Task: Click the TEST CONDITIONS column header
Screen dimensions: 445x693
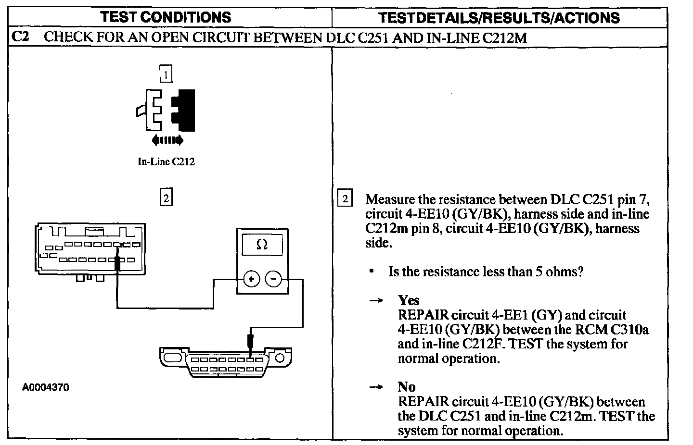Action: (166, 18)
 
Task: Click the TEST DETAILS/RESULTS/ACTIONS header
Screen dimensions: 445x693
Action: (499, 18)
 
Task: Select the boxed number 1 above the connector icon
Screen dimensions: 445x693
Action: (166, 74)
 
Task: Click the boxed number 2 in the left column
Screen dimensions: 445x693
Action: (166, 198)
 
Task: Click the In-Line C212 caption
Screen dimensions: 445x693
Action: (166, 162)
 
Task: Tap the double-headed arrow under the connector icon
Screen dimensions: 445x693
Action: (167, 140)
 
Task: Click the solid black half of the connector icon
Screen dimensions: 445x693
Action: (185, 110)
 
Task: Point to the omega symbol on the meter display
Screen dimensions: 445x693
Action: (262, 245)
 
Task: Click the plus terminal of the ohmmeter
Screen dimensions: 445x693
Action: (251, 279)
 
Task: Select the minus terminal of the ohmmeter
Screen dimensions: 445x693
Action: (274, 279)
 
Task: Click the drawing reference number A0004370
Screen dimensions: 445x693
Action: (46, 387)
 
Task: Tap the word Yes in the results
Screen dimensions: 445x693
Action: (409, 300)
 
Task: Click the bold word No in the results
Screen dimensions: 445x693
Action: (407, 387)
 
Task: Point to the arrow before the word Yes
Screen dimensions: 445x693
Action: (375, 301)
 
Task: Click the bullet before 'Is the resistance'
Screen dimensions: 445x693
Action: (372, 272)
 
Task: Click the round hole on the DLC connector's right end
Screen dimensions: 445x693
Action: (280, 357)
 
